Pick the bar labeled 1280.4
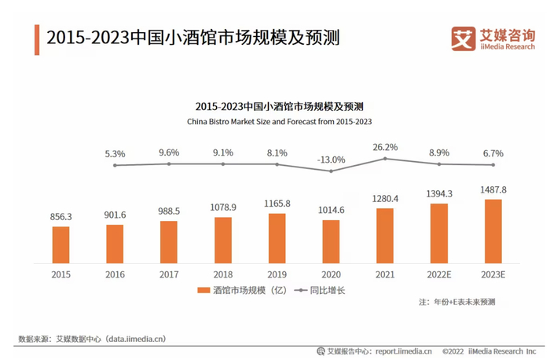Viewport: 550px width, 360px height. click(x=385, y=235)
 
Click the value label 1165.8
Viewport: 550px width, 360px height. click(x=277, y=204)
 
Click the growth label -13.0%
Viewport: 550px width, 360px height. click(x=331, y=160)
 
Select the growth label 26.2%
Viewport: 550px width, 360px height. click(x=385, y=147)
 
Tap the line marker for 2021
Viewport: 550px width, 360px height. click(x=385, y=158)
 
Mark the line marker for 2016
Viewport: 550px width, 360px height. click(x=115, y=165)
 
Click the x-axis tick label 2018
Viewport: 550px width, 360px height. click(x=222, y=275)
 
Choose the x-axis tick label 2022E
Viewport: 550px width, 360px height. click(x=438, y=275)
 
